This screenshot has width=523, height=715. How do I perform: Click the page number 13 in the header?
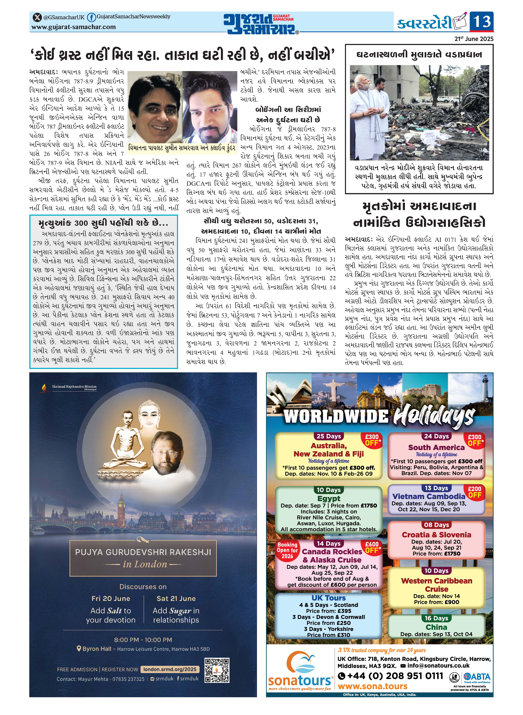tap(482, 21)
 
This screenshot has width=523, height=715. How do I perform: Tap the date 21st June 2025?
tap(474, 39)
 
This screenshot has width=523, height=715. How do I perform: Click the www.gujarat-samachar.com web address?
tap(73, 27)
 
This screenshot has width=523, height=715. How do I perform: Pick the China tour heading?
tap(436, 627)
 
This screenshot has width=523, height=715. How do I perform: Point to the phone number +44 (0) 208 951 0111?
tap(390, 676)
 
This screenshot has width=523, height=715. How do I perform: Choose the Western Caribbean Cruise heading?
tap(436, 585)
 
